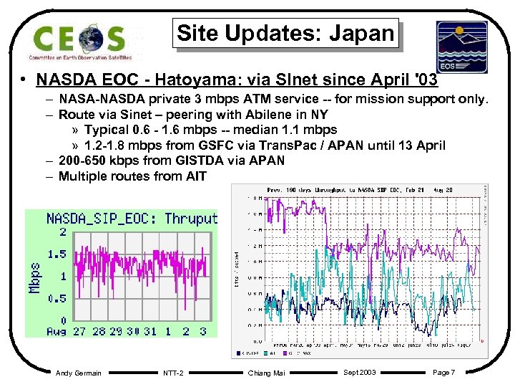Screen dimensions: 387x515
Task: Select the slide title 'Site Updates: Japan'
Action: tap(285, 33)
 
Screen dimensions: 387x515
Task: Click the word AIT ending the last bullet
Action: tap(195, 176)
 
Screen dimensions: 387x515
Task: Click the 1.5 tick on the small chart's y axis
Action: tap(57, 254)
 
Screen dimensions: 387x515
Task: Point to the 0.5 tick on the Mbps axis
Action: tap(57, 299)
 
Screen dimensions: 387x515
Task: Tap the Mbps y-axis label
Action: tap(35, 277)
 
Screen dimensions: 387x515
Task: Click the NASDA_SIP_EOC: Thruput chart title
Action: tap(132, 219)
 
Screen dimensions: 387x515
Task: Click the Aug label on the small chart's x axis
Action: tap(56, 331)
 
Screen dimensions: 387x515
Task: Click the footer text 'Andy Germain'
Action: tap(78, 373)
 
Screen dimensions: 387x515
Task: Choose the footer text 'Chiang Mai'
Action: tap(266, 373)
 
